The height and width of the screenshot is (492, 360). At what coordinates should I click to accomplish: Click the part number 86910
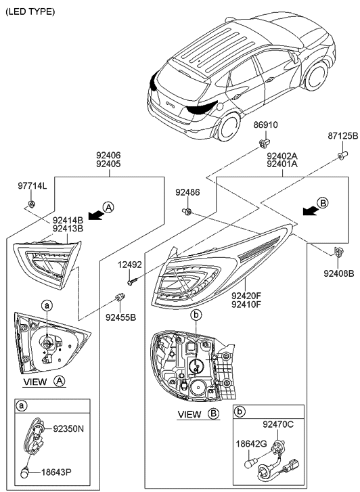click(x=265, y=125)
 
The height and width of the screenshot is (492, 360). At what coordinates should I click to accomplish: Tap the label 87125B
click(x=342, y=136)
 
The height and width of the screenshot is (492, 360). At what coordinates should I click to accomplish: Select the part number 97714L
click(x=32, y=186)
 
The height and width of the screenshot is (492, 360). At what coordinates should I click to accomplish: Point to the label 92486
click(x=187, y=192)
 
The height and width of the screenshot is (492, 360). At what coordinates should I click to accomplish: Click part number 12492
click(x=130, y=265)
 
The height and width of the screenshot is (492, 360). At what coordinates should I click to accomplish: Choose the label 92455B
click(x=120, y=317)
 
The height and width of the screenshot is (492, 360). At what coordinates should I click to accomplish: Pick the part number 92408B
click(x=339, y=274)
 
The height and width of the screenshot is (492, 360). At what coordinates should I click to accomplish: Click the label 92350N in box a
click(x=68, y=428)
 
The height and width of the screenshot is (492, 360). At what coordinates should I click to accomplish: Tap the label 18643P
click(x=56, y=472)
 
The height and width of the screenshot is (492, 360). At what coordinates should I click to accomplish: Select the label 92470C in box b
click(x=278, y=424)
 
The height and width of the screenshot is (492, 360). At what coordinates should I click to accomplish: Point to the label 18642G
click(x=251, y=444)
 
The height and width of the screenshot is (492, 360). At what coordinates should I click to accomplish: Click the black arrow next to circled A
click(x=95, y=215)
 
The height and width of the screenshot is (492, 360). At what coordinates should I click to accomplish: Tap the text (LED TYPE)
click(x=30, y=12)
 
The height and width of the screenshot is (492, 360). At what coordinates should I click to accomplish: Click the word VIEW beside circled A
click(x=35, y=382)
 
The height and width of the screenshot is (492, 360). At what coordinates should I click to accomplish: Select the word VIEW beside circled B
click(x=189, y=414)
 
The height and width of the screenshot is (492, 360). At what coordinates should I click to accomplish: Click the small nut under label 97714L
click(x=31, y=204)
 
